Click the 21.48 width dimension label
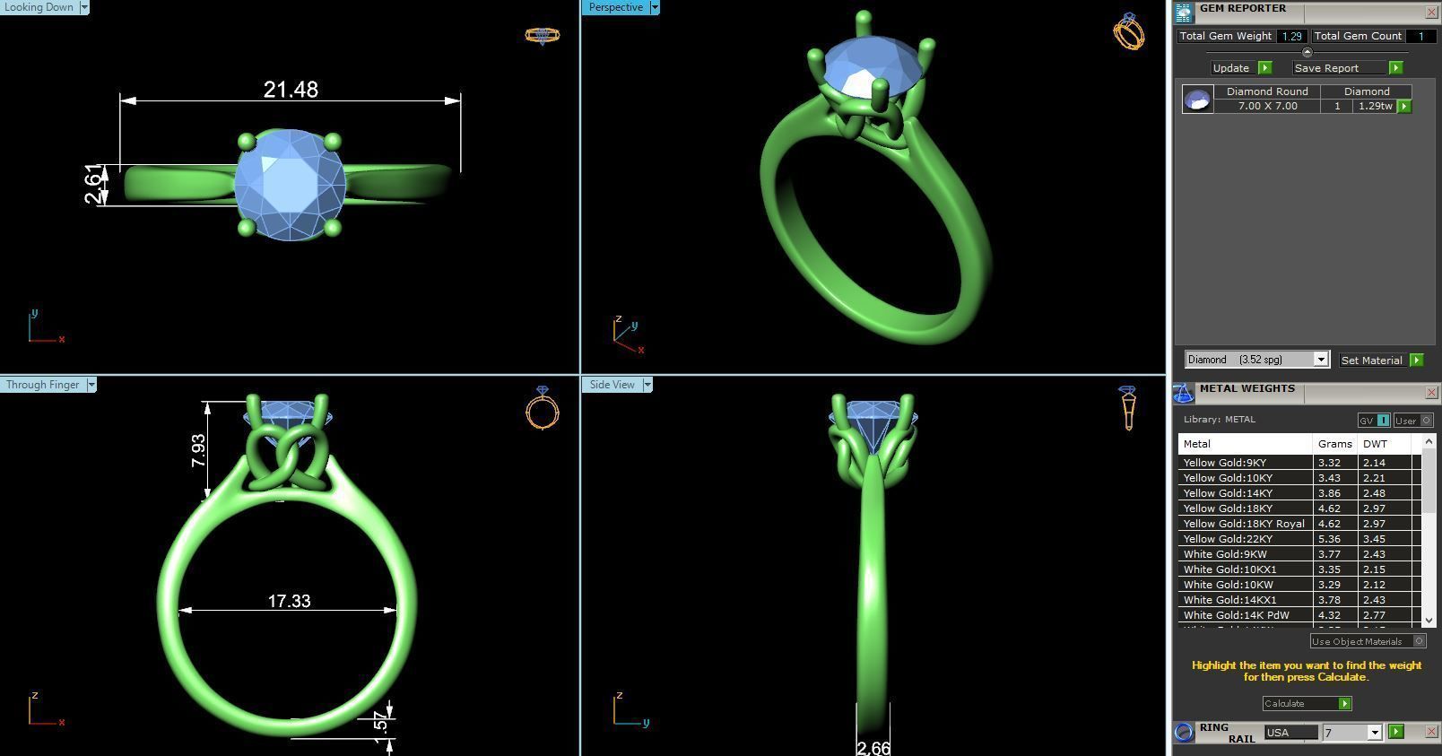point(291,90)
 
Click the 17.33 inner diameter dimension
point(289,601)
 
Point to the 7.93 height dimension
point(198,450)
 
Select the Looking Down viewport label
point(39,7)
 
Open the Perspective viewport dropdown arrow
point(655,7)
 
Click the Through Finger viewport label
point(42,385)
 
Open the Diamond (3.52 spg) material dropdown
point(1320,360)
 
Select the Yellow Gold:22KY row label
point(1228,539)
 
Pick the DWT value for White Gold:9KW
point(1374,554)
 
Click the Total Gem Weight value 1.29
point(1291,36)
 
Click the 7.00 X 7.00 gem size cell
point(1267,106)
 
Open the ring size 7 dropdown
point(1374,733)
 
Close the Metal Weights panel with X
point(1431,392)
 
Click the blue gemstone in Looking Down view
point(290,186)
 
